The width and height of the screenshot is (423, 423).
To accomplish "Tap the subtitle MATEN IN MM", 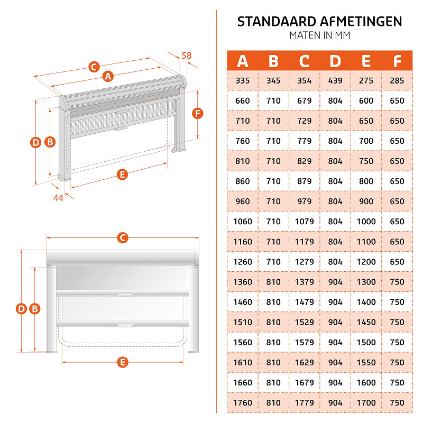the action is tap(320, 35).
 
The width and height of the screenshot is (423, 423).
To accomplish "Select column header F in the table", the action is tap(397, 61).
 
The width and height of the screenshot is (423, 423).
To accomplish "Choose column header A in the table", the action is tap(243, 61).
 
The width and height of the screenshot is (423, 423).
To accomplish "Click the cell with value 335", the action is tap(243, 81).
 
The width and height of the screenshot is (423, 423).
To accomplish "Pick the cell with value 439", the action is tap(335, 81).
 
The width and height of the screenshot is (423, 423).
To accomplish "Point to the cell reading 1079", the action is tap(305, 222).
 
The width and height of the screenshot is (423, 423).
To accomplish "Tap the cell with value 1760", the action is tap(243, 403).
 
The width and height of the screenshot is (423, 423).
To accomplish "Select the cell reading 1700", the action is tap(366, 403).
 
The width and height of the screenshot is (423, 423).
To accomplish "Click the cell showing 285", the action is tap(397, 81).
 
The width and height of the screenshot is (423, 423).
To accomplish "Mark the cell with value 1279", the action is tap(305, 262).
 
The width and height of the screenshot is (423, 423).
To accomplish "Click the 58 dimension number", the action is tap(187, 56).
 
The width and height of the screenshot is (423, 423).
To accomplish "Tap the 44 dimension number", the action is tap(58, 198).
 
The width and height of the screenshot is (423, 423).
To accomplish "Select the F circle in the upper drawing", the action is tap(197, 113).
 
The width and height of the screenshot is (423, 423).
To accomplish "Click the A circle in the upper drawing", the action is tap(108, 76).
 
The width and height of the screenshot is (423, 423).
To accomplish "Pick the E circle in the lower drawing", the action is tap(123, 362).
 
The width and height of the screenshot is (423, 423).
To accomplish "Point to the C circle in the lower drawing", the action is tap(123, 237).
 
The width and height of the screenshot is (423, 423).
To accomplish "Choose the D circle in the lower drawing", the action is tap(21, 309).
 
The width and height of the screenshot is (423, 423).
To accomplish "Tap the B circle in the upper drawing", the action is tap(50, 142).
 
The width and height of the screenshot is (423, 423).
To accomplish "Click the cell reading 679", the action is tap(305, 101).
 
